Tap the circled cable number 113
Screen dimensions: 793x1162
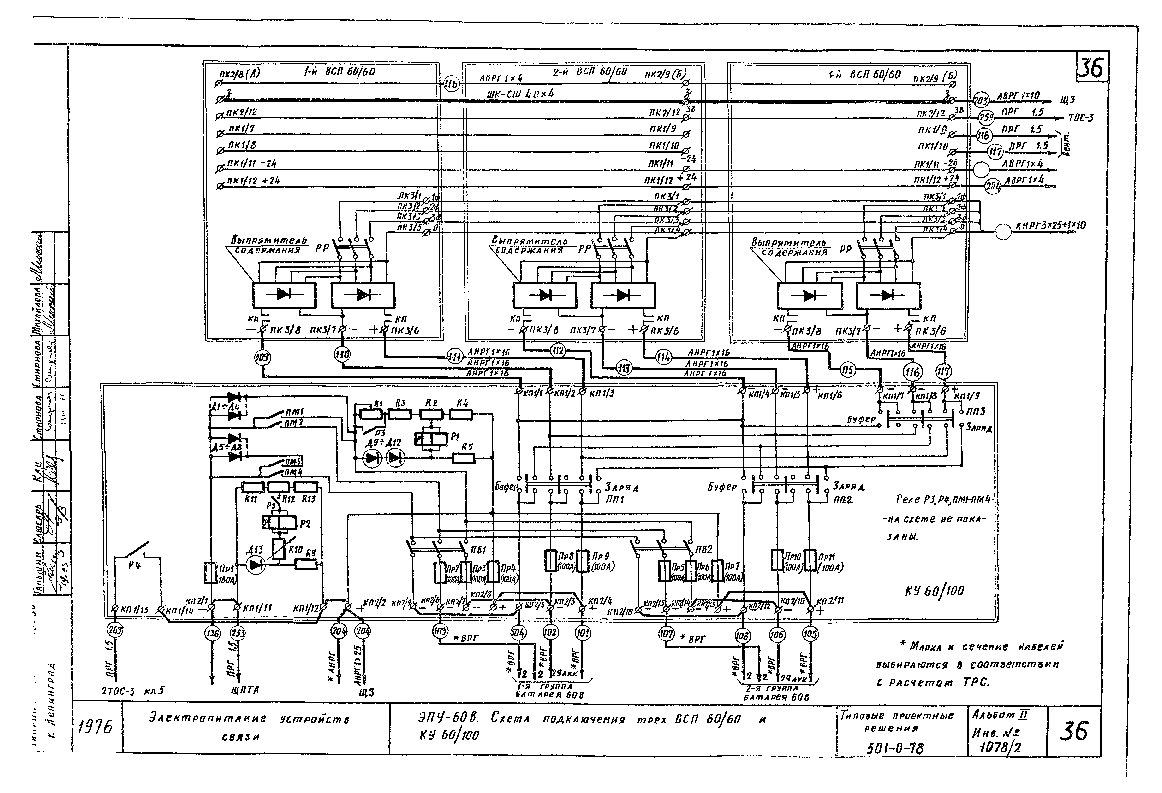(x=624, y=368)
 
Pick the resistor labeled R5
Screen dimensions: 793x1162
(x=464, y=458)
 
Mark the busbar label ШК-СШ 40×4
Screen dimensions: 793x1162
(x=520, y=94)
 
